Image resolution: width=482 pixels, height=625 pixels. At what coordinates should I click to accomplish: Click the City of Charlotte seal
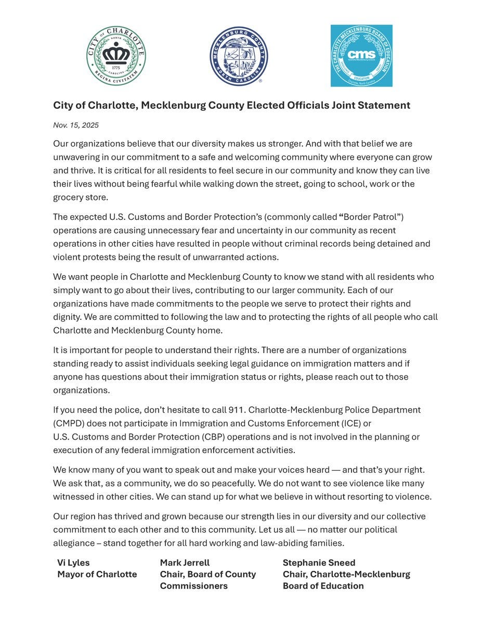[x=116, y=56]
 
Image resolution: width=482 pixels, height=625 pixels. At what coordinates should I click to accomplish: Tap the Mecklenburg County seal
[x=239, y=56]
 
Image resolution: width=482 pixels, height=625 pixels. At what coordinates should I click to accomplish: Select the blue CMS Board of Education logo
[x=361, y=56]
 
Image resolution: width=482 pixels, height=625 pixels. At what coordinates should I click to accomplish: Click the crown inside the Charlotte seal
[x=115, y=53]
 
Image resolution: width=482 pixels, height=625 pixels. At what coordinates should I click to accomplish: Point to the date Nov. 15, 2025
[x=76, y=125]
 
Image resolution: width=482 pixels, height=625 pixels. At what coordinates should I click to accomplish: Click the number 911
[x=238, y=410]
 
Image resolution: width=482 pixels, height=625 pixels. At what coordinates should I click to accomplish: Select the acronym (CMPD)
[x=70, y=423]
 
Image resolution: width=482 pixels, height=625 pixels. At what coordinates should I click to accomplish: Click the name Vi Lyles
[x=73, y=562]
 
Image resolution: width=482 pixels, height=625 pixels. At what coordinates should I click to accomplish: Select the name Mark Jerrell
[x=185, y=562]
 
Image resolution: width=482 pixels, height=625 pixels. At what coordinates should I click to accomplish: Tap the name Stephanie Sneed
[x=319, y=562]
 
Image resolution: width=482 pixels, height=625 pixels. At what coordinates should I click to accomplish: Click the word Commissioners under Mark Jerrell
[x=193, y=586]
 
